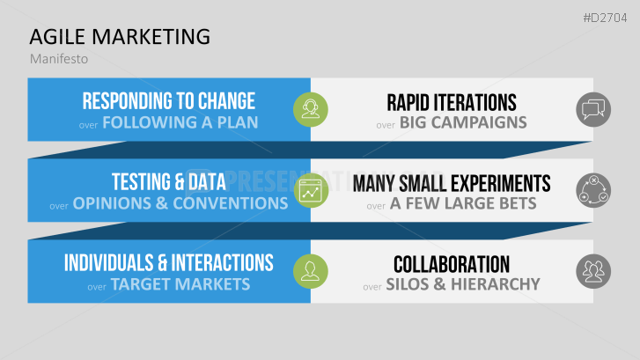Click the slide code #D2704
(x=605, y=18)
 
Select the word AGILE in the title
(x=57, y=37)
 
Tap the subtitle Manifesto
(x=59, y=59)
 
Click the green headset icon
(x=311, y=109)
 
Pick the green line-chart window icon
(x=311, y=190)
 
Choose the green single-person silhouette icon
(x=311, y=271)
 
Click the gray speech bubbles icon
(x=593, y=109)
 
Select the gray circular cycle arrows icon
(x=593, y=190)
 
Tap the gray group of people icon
(x=593, y=271)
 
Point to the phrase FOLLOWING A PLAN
(x=180, y=122)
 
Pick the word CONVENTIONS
(x=230, y=203)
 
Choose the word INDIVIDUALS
(x=108, y=263)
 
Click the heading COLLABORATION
(x=452, y=264)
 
